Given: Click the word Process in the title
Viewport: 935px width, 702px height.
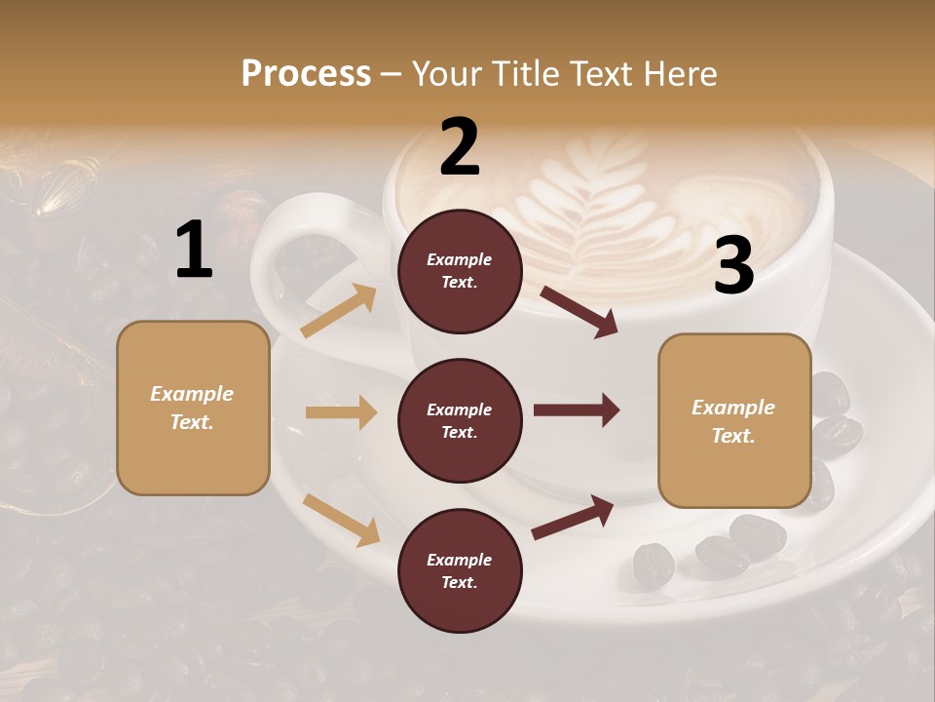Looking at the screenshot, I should pos(306,73).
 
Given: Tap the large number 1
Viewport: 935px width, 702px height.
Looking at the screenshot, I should pos(194,251).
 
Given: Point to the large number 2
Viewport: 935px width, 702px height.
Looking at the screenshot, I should pos(460,147).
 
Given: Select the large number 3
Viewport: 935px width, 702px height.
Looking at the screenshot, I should pos(733,266).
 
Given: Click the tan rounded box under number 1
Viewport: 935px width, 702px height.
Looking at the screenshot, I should pos(193,408).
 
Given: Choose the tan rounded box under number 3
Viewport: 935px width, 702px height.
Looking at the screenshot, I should pos(734,420).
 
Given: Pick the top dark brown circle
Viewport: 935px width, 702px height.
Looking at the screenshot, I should pos(460,271).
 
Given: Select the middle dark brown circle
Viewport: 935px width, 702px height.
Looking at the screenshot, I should pos(460,420).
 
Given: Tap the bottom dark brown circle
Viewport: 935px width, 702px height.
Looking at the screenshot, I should pos(460,570).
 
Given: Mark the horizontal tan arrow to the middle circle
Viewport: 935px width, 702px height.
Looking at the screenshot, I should pos(341,412).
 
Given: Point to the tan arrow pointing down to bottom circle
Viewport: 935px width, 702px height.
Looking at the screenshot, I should pos(341,520).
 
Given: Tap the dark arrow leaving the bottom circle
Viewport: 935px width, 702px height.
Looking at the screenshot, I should pos(573,518).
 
